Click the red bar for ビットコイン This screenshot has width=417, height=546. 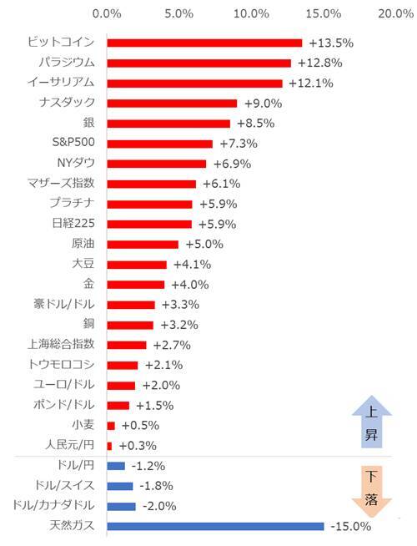pos(204,43)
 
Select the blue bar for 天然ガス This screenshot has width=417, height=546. pos(215,526)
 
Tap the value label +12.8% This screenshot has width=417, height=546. pos(314,63)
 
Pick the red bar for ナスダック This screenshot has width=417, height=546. pos(172,103)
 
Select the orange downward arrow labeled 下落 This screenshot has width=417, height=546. pos(372,491)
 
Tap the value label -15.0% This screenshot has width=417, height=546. pos(349,526)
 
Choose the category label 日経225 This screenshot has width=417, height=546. pos(73,224)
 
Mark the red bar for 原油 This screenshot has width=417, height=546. pos(143,244)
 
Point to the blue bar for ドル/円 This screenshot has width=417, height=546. pos(116,466)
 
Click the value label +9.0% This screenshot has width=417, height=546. pos(261,103)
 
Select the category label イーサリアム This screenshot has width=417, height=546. pos(62,83)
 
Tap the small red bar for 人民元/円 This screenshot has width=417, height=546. pos(109,445)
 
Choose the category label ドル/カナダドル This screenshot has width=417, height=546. pos(54,506)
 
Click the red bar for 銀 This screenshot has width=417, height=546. pos(168,123)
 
